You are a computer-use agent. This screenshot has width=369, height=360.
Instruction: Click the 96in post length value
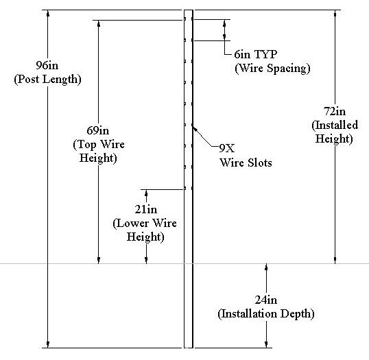47,65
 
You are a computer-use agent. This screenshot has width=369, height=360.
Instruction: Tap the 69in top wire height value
98,130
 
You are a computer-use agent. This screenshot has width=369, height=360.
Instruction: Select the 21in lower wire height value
146,209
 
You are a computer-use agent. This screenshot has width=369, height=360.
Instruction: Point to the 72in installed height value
335,111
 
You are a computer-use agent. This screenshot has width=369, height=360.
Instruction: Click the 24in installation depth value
266,300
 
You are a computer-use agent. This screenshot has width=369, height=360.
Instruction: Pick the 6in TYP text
256,54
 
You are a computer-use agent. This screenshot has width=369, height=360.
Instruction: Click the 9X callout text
227,148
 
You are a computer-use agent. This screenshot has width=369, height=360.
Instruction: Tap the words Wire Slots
246,163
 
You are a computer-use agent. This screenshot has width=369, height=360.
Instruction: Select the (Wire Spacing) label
272,69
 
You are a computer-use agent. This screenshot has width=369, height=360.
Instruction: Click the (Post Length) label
47,80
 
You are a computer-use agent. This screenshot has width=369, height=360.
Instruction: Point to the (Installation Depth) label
266,313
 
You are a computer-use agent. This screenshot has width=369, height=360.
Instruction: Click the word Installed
335,125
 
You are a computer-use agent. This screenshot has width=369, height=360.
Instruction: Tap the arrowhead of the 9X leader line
194,128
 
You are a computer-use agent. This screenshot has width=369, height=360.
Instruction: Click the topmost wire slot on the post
185,19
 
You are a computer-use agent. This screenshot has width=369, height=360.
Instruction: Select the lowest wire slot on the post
185,189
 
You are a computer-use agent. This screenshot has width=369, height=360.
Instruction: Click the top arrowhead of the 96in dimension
48,13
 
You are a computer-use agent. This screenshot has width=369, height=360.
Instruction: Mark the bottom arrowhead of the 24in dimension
266,344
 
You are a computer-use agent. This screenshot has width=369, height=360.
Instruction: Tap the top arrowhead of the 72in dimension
335,13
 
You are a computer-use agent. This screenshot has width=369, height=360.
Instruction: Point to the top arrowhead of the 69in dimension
99,23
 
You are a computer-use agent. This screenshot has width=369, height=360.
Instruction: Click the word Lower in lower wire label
133,224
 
